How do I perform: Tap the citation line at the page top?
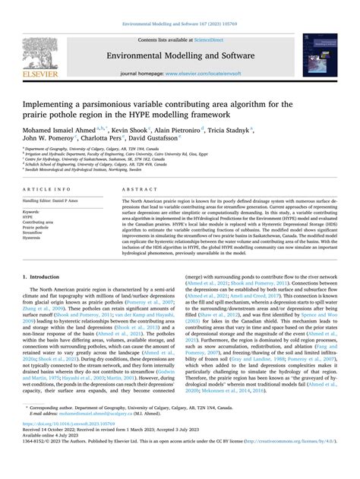tap(180, 6)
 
